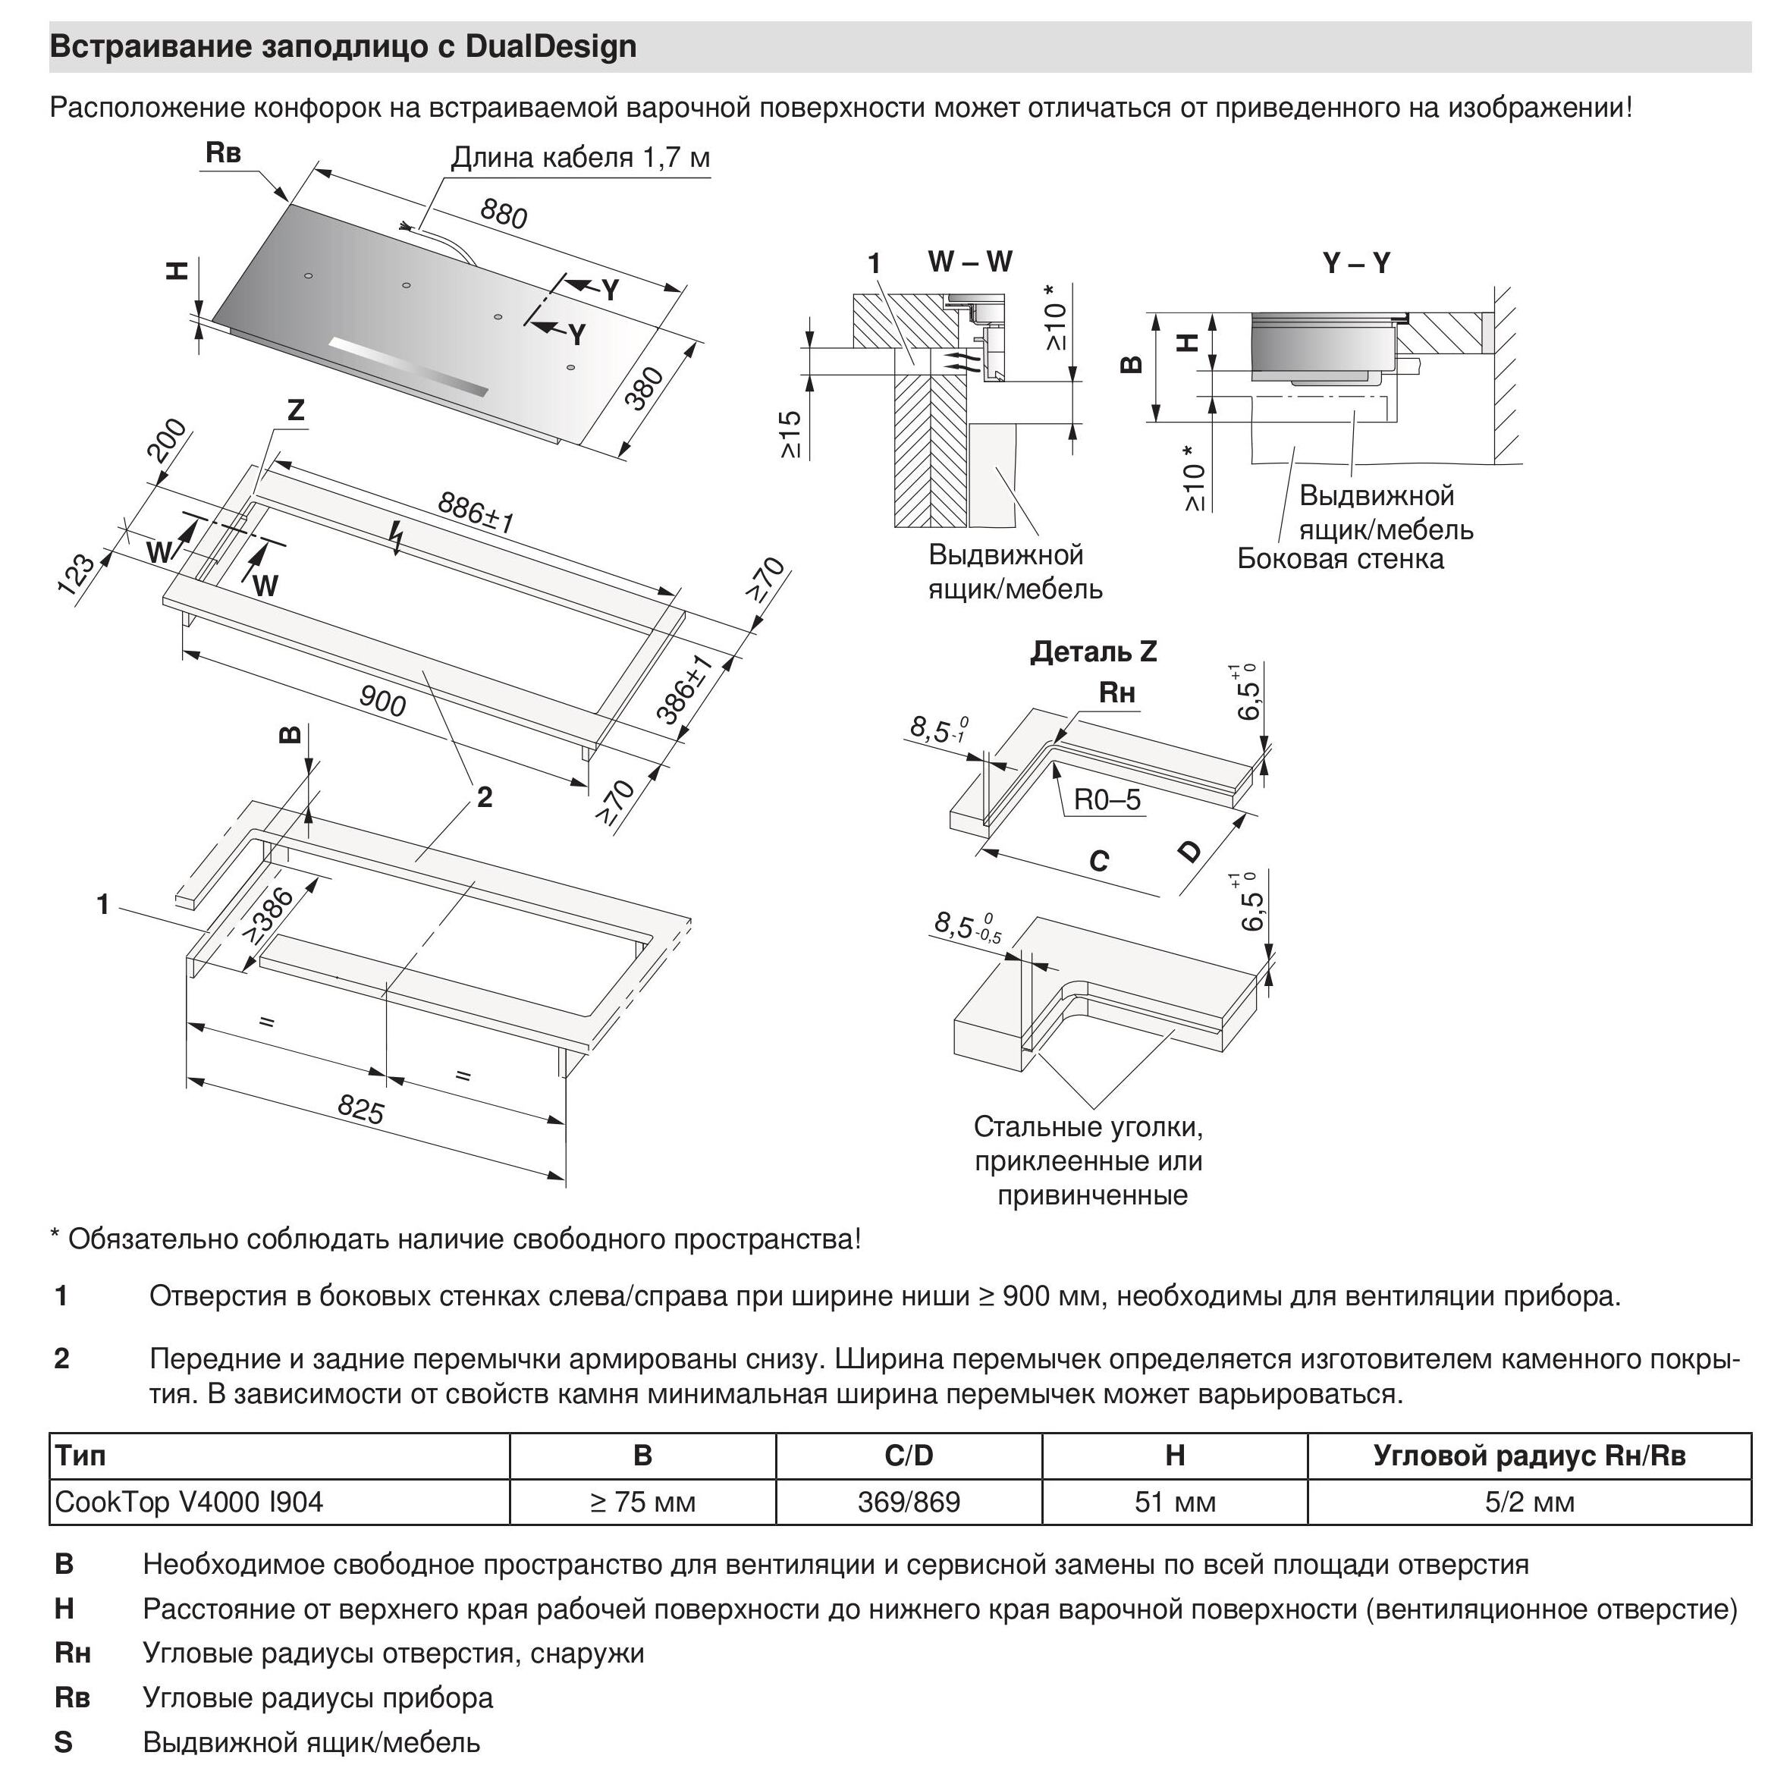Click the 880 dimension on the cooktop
point(503,214)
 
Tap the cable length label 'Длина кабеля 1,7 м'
point(580,159)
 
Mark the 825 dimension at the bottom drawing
point(360,1109)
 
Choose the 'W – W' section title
point(970,262)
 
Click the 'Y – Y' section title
point(1356,264)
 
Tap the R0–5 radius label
point(1107,799)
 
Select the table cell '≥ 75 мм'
point(642,1501)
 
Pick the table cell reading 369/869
point(908,1501)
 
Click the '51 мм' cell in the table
point(1174,1501)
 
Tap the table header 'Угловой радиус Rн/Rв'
point(1529,1456)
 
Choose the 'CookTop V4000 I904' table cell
point(189,1501)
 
